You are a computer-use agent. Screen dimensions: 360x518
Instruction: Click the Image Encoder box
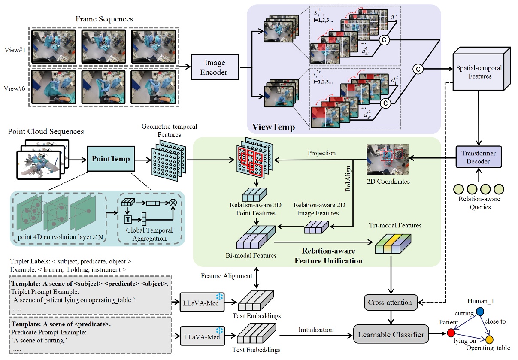[x=215, y=67]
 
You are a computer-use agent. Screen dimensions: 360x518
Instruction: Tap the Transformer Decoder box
[x=478, y=157]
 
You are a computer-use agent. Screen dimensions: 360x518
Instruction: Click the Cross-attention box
[x=390, y=303]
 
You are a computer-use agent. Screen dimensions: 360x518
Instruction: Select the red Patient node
[x=451, y=333]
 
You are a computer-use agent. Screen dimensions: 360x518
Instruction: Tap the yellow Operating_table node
[x=489, y=340]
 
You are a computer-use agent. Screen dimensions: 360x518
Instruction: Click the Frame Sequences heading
[x=104, y=19]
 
